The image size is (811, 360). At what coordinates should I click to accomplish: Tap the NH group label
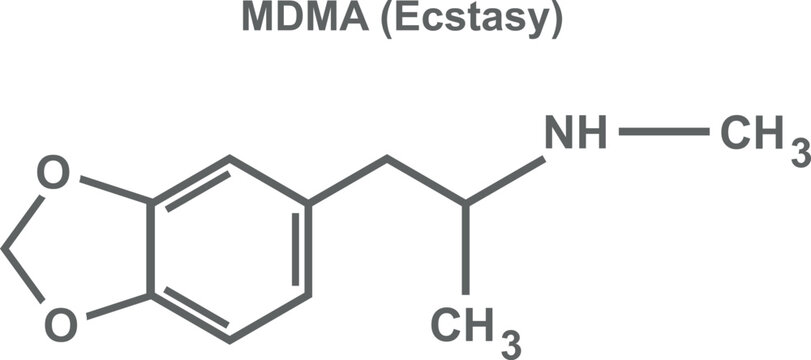[575, 132]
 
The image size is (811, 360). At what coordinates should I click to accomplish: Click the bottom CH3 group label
[470, 324]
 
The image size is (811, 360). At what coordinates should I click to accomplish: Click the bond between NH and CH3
[664, 132]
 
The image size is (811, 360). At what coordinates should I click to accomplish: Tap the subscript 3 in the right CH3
[798, 151]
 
